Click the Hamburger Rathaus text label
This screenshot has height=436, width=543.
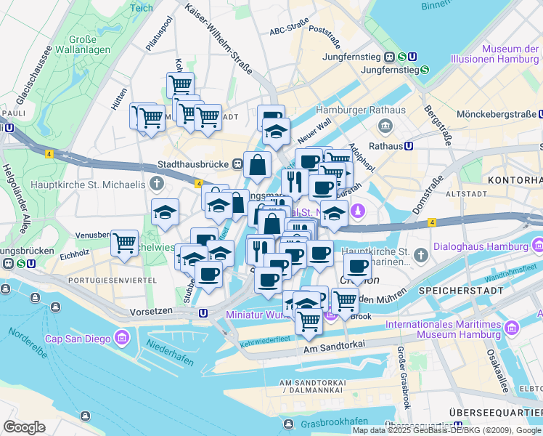tap(360, 110)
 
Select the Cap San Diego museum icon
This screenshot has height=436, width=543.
tap(121, 338)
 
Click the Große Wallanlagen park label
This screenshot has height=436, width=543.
tap(90, 45)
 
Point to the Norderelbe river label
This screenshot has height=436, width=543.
tap(29, 344)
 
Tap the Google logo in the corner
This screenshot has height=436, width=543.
tap(24, 427)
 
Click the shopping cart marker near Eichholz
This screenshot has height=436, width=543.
tap(124, 242)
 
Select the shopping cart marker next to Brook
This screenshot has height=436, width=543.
tap(344, 299)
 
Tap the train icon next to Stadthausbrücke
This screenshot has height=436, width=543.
tap(238, 164)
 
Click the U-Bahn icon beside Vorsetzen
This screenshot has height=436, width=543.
tap(204, 312)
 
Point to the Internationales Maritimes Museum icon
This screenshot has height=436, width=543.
tap(512, 329)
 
